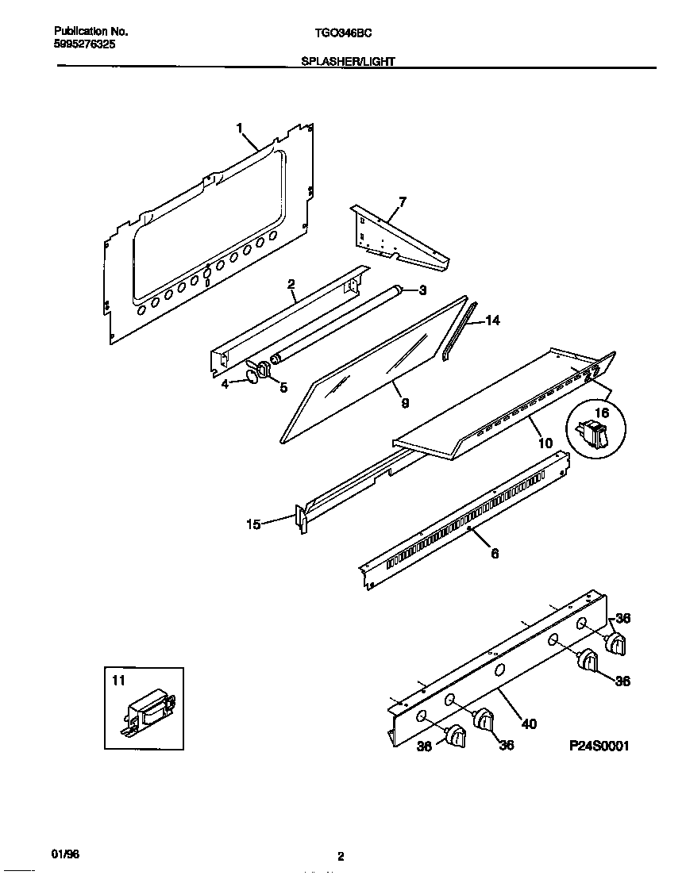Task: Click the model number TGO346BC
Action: pos(343,33)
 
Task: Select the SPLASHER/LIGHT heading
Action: pos(348,61)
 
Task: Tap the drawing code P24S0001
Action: pos(599,746)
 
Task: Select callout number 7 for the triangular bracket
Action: pos(403,201)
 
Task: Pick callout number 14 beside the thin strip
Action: pos(492,320)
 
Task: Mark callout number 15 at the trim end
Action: pos(253,524)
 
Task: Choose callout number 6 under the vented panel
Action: pos(495,554)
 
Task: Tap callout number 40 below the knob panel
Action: pos(529,723)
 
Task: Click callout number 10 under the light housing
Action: pos(545,443)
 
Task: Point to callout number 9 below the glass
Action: pos(405,403)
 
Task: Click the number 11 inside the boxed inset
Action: pos(118,680)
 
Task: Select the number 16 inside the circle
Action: pos(601,413)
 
